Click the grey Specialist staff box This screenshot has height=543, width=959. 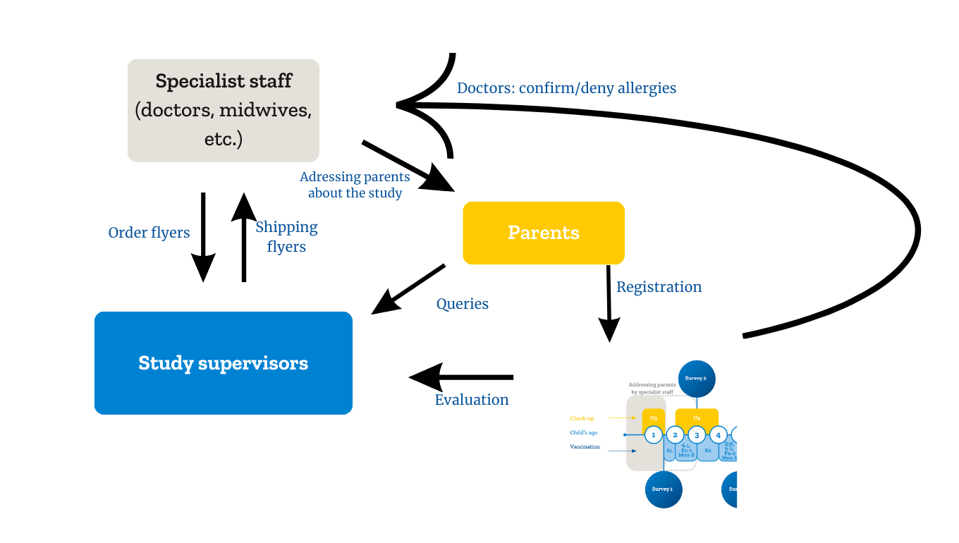click(223, 111)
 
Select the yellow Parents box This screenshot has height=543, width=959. click(543, 233)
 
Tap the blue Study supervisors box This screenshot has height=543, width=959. click(223, 363)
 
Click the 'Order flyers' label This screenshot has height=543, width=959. click(149, 233)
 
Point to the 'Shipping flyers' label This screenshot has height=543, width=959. click(286, 236)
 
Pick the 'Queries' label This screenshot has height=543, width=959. click(462, 304)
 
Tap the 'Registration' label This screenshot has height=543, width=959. click(659, 287)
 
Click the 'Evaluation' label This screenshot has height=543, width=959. click(471, 400)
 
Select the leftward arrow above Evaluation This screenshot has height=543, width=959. click(462, 377)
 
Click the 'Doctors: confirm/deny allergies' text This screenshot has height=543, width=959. click(566, 88)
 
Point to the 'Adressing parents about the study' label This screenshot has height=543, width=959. click(355, 185)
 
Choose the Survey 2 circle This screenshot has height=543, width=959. click(696, 378)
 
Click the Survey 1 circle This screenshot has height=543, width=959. click(663, 489)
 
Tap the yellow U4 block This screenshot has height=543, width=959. click(697, 417)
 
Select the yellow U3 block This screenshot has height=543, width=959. click(653, 417)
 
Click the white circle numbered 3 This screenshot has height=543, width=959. click(697, 435)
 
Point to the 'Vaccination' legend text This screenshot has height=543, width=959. click(585, 447)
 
